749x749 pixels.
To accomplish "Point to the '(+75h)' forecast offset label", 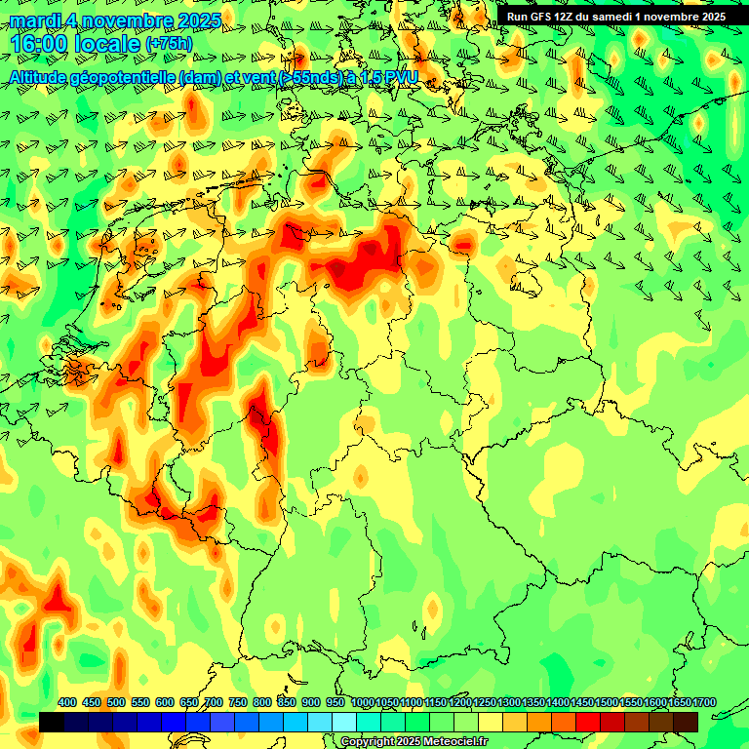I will tap(169, 45).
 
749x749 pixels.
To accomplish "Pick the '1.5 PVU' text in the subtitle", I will tap(390, 77).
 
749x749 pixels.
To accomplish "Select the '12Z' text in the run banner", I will tap(571, 17).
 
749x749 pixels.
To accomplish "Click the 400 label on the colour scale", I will tap(67, 703).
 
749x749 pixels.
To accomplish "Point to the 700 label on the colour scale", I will tap(214, 703).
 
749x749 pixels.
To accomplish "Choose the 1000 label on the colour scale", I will tap(362, 703).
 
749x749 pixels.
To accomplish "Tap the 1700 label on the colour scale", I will tap(703, 703).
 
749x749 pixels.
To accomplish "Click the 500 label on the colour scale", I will tap(116, 703).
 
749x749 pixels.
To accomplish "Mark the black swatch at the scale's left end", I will tap(52, 722).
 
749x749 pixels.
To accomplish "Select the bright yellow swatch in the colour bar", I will tap(491, 722).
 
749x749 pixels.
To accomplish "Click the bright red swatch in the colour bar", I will tap(588, 722).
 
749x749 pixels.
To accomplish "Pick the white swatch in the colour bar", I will tap(344, 722).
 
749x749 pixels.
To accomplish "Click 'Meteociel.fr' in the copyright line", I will tap(452, 742).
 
